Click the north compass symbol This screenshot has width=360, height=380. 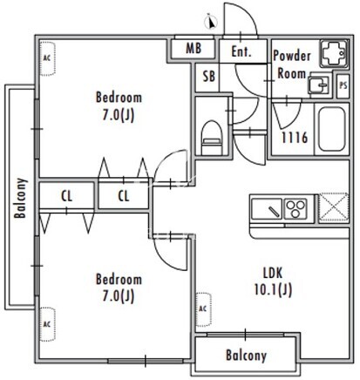(211, 22)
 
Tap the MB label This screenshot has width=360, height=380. (194, 48)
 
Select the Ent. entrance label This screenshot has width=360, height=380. (241, 51)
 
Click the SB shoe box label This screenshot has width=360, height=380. (209, 77)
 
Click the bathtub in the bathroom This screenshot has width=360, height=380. (331, 129)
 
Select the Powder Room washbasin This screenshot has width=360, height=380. (318, 85)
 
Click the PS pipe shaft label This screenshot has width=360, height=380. (343, 85)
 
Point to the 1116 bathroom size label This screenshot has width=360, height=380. (295, 138)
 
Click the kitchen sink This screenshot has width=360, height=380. (267, 208)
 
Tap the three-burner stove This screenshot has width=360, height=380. (295, 208)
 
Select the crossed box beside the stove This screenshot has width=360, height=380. (334, 208)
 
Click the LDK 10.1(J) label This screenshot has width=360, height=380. (273, 282)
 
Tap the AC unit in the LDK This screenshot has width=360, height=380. (203, 309)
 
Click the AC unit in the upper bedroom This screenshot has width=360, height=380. (47, 58)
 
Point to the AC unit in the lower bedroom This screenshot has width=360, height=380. (47, 324)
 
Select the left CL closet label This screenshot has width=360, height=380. (66, 196)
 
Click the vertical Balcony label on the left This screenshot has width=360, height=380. (21, 198)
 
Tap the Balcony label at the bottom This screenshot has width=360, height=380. (246, 356)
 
